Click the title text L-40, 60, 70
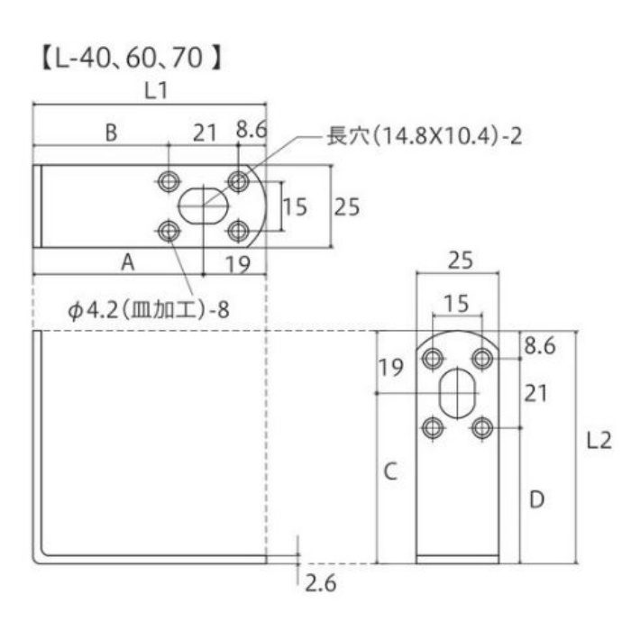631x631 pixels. [132, 60]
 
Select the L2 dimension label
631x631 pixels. [599, 441]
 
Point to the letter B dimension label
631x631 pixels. [110, 133]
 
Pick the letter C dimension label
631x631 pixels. [389, 471]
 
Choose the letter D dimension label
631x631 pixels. [536, 498]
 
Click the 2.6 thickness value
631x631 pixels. [320, 583]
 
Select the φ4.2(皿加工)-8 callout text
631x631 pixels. [149, 309]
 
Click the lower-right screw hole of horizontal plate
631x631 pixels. [238, 233]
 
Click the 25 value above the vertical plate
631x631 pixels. [460, 261]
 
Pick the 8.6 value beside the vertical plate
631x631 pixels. [539, 343]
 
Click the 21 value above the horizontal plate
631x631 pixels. [205, 133]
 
